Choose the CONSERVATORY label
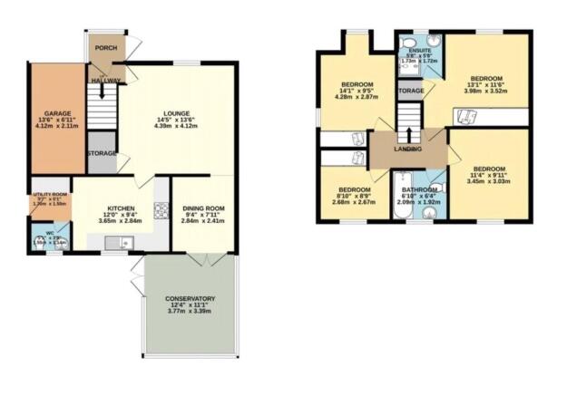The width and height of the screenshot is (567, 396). click(x=190, y=298)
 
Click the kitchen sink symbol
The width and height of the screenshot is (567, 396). click(x=119, y=242)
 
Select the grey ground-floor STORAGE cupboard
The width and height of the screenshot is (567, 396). click(x=102, y=153)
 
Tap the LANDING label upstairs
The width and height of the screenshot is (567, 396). click(x=407, y=149)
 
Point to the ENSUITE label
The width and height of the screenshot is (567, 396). click(x=419, y=51)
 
